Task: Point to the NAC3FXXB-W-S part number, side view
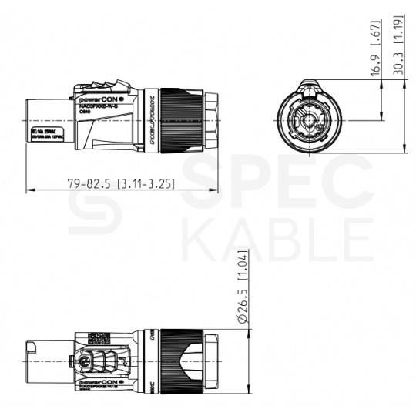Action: coord(103,106)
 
